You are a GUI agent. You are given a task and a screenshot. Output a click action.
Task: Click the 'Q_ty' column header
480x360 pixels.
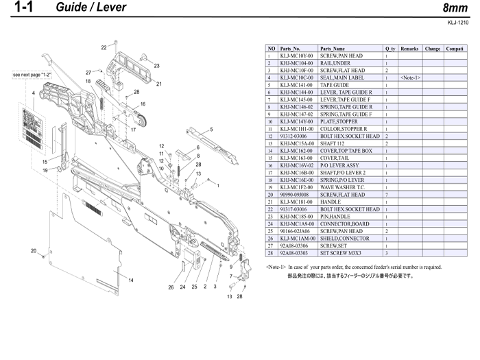click(389, 49)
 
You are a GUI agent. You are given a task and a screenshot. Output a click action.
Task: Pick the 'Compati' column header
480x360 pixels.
click(455, 49)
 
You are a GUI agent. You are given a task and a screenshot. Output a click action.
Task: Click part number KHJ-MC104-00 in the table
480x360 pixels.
click(296, 63)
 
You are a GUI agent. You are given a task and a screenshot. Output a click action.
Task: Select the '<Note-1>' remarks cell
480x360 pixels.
click(410, 77)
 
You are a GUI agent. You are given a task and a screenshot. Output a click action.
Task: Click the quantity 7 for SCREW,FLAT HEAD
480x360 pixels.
click(387, 195)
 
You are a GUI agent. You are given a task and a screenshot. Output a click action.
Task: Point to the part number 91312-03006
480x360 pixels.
click(294, 136)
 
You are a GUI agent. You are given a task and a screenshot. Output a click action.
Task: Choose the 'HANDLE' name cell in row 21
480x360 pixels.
click(331, 202)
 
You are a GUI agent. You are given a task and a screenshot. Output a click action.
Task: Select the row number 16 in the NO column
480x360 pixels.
click(271, 165)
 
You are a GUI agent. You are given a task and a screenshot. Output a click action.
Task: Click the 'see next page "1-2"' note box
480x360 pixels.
click(32, 73)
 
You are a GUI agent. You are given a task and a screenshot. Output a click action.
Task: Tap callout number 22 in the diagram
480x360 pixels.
click(104, 47)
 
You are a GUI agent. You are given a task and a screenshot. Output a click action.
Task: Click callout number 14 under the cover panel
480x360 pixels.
click(131, 280)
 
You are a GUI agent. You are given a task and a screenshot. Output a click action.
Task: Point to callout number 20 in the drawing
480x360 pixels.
click(34, 250)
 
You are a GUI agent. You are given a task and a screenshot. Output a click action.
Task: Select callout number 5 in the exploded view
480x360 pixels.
click(212, 129)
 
